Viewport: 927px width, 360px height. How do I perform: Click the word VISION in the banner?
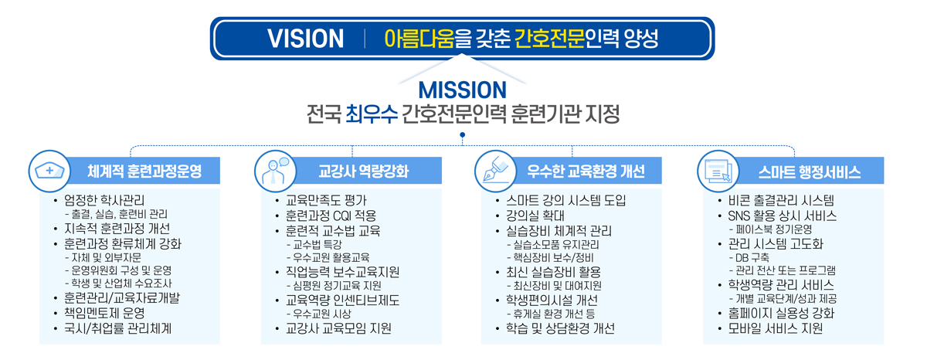coord(305,39)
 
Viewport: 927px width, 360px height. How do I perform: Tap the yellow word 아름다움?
coord(419,39)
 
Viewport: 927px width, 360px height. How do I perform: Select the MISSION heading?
coord(462,90)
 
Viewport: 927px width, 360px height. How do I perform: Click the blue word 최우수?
coord(372,114)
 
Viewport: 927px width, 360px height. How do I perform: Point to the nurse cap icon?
coord(49,171)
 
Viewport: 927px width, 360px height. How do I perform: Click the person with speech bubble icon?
coord(275,171)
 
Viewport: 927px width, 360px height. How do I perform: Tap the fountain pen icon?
coord(495,170)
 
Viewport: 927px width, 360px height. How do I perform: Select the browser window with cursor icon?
coord(718,172)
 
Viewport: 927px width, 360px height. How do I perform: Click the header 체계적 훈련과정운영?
coord(144,171)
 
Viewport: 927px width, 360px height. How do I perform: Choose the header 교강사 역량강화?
coord(364,171)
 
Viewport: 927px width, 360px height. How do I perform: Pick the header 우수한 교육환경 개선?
coord(586,171)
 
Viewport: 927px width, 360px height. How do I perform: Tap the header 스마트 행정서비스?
coord(810,172)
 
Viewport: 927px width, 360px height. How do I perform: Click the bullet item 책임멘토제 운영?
coord(104,313)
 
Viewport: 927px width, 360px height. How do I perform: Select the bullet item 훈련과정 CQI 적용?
coord(331,216)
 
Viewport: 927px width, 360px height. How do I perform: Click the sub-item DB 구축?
coord(752,257)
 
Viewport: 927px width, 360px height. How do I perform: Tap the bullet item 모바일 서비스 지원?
coord(776,328)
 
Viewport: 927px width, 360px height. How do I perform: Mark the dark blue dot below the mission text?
coord(462,135)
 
